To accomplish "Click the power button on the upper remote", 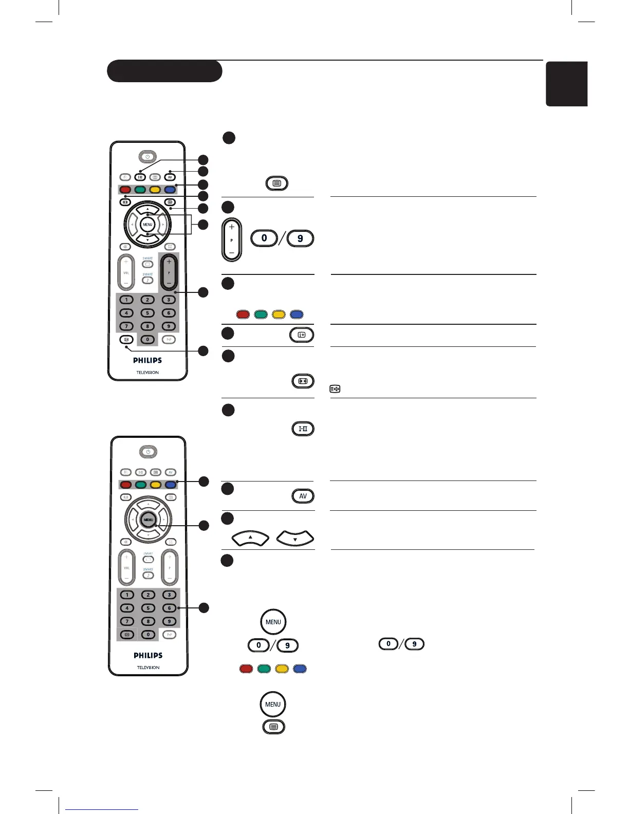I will tap(147, 157).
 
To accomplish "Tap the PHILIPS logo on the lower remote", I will tap(148, 655).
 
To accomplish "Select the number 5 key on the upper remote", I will tap(147, 312).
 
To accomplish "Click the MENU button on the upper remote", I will tap(147, 225).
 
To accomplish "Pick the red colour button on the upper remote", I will tap(125, 190).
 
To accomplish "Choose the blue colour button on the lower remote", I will tap(171, 485).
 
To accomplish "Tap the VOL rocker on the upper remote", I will tap(126, 272).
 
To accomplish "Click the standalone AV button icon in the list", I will tap(303, 496).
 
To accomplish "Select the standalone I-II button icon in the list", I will tap(303, 429).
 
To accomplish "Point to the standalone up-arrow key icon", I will tap(251, 538).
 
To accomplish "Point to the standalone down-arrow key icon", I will tap(295, 538).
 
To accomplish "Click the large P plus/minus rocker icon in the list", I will tap(232, 240).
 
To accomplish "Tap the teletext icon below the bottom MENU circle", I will tap(273, 727).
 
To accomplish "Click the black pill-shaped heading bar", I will tap(164, 71).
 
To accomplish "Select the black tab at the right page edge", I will tap(567, 84).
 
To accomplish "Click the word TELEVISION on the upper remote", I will tap(147, 372).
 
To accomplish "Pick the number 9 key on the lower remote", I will tap(169, 621).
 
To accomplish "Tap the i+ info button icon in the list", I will tap(302, 335).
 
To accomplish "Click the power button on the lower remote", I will tap(148, 452).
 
